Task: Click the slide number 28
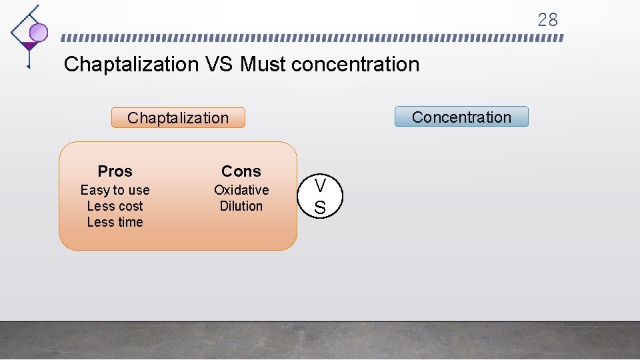pyautogui.click(x=547, y=20)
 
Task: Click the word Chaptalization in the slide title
pyautogui.click(x=131, y=65)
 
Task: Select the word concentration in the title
pyautogui.click(x=356, y=65)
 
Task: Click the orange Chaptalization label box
pyautogui.click(x=178, y=118)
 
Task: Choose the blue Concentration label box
pyautogui.click(x=461, y=117)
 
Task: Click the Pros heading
pyautogui.click(x=115, y=171)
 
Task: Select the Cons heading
pyautogui.click(x=241, y=171)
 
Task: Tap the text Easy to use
pyautogui.click(x=115, y=190)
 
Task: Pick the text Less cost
pyautogui.click(x=115, y=206)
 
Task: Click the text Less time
pyautogui.click(x=115, y=222)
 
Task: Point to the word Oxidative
pyautogui.click(x=241, y=190)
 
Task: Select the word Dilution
pyautogui.click(x=241, y=206)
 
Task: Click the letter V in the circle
pyautogui.click(x=320, y=185)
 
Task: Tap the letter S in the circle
pyautogui.click(x=320, y=208)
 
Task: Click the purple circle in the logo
pyautogui.click(x=39, y=32)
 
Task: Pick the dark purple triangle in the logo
pyautogui.click(x=29, y=46)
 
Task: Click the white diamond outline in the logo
pyautogui.click(x=20, y=27)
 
